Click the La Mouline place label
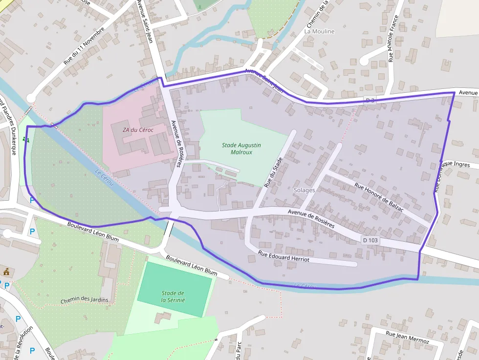pyautogui.click(x=319, y=31)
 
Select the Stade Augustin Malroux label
pyautogui.click(x=241, y=148)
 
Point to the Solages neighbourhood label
pyautogui.click(x=304, y=190)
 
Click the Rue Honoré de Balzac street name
pyautogui.click(x=379, y=196)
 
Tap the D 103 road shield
pyautogui.click(x=370, y=240)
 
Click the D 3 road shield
pyautogui.click(x=370, y=101)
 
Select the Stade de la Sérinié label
pyautogui.click(x=173, y=296)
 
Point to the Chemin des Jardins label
pyautogui.click(x=85, y=299)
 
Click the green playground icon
pyautogui.click(x=25, y=140)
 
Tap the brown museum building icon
pyautogui.click(x=6, y=272)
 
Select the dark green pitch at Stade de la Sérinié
pyautogui.click(x=174, y=289)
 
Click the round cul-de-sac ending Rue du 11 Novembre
pyautogui.click(x=32, y=98)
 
